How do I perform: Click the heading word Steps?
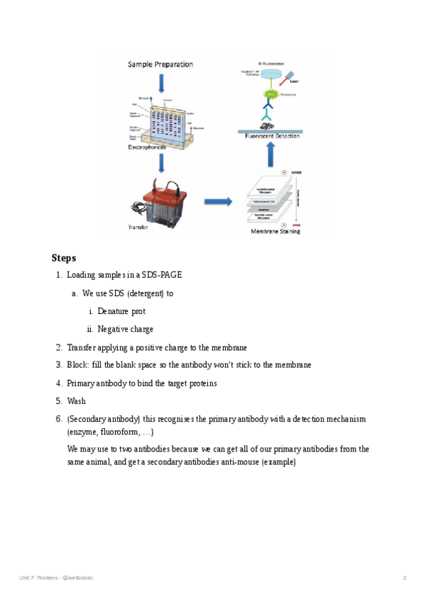coord(63,258)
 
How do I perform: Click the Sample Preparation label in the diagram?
coord(160,64)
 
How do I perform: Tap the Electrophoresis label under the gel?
coord(153,148)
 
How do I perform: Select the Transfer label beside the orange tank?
coord(138,227)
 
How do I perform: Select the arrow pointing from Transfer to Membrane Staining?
coord(218,202)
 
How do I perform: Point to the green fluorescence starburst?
coord(271,94)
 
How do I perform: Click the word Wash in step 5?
coord(76,401)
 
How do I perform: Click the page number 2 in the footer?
coord(404,578)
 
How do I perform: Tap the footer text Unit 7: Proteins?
coord(38,578)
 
